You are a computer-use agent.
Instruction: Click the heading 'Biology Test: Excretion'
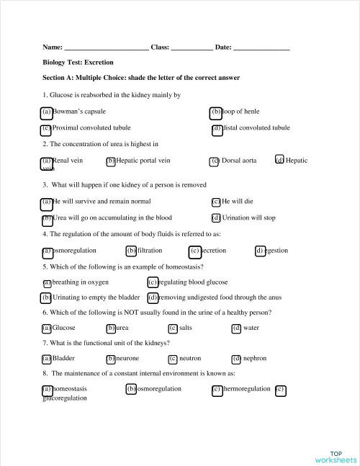(x=84, y=63)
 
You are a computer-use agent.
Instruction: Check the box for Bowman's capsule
(x=46, y=112)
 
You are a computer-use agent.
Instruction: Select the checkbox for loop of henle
(x=216, y=112)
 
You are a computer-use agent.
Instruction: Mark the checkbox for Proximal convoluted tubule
(x=46, y=128)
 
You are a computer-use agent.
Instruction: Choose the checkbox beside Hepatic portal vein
(x=111, y=161)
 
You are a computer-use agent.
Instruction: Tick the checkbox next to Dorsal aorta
(x=215, y=161)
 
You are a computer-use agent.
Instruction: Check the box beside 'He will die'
(x=216, y=202)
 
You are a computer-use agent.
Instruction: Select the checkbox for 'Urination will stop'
(x=216, y=218)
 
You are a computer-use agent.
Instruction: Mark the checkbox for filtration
(x=131, y=251)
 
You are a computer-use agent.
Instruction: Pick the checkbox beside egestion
(x=260, y=251)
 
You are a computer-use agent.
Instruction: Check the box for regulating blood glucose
(x=153, y=282)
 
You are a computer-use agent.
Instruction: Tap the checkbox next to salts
(x=173, y=328)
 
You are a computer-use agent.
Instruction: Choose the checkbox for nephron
(x=236, y=359)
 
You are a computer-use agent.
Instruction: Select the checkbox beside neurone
(x=111, y=359)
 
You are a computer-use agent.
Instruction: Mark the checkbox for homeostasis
(x=47, y=389)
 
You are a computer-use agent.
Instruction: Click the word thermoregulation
(x=247, y=389)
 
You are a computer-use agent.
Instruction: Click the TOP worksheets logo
(x=335, y=456)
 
